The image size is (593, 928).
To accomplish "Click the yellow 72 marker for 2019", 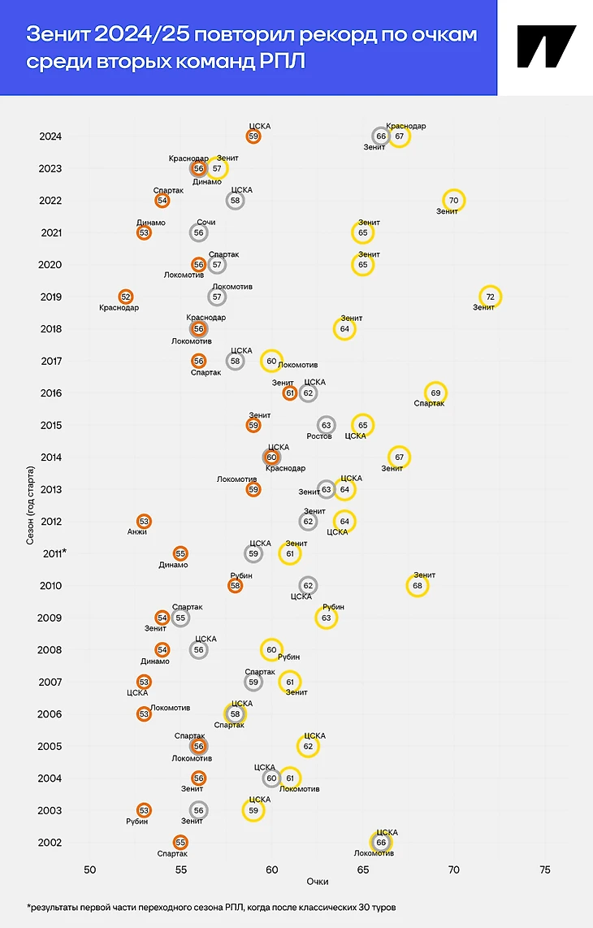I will click(490, 297).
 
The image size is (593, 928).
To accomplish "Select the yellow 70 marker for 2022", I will click(454, 201).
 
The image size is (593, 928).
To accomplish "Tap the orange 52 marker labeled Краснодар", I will click(126, 297).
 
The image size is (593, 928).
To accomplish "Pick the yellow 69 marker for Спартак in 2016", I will click(436, 393).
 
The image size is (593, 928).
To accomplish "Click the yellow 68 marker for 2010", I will click(418, 585).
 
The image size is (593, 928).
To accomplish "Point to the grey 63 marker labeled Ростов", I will click(327, 425).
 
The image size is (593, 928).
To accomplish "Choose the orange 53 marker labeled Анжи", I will click(144, 521).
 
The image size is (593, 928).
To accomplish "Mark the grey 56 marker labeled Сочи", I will click(199, 232).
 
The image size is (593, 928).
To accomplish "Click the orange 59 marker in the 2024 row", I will click(253, 137).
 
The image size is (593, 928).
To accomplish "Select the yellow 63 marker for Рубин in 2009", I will click(327, 618).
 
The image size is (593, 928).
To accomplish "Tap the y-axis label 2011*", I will click(53, 553).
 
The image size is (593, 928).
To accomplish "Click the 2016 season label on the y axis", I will click(50, 393).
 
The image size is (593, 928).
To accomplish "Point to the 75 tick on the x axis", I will click(545, 869).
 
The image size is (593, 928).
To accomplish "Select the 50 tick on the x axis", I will click(89, 869).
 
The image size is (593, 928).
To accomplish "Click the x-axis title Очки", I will click(318, 882).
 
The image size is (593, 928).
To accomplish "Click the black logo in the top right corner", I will click(545, 46).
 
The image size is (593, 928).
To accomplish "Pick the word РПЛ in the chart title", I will click(284, 61).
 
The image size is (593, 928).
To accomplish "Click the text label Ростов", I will click(319, 436).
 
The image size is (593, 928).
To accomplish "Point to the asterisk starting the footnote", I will click(29, 905).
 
